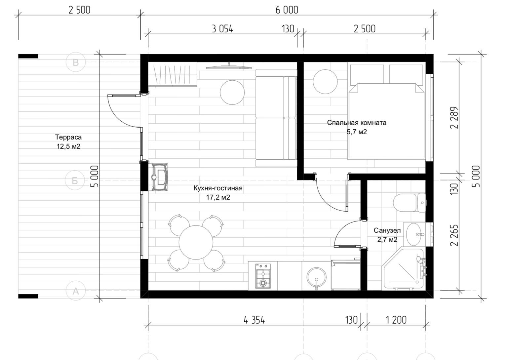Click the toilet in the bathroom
point(409,203)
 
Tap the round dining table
point(196,242)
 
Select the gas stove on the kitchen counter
point(263,276)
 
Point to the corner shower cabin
point(403,269)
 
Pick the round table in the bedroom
point(325,82)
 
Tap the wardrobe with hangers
point(173,74)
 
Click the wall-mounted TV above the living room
point(229,66)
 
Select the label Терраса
point(68,137)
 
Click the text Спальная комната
point(357,123)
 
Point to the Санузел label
point(387,230)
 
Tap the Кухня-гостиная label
point(218,188)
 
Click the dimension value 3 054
point(222,29)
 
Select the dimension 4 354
point(254,320)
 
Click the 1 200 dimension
point(396,320)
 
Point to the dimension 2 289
point(454,118)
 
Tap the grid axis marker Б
point(75,181)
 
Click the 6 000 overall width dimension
point(287,10)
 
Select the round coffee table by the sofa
point(232,92)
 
